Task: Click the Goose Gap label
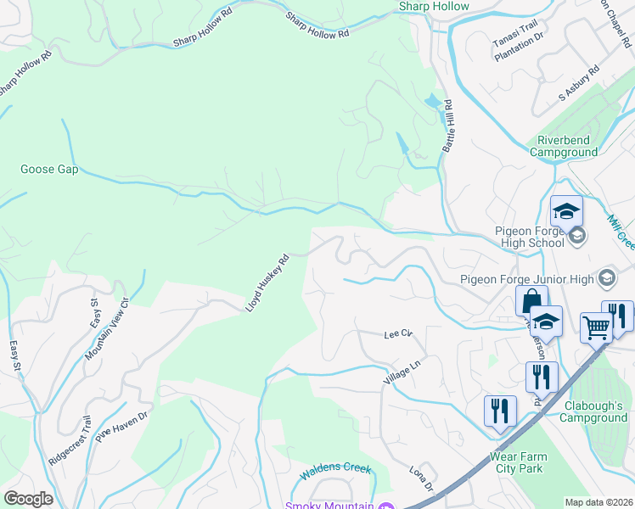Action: pyautogui.click(x=49, y=170)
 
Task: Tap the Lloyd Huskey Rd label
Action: pyautogui.click(x=267, y=282)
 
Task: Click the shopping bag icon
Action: pyautogui.click(x=531, y=300)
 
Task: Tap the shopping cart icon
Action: pyautogui.click(x=597, y=326)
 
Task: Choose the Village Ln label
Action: pyautogui.click(x=402, y=371)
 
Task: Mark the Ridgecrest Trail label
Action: pyautogui.click(x=70, y=439)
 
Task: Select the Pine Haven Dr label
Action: pyautogui.click(x=122, y=425)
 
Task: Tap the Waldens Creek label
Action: pyautogui.click(x=334, y=467)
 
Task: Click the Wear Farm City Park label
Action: pyautogui.click(x=519, y=462)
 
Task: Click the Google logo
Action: pyautogui.click(x=28, y=499)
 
